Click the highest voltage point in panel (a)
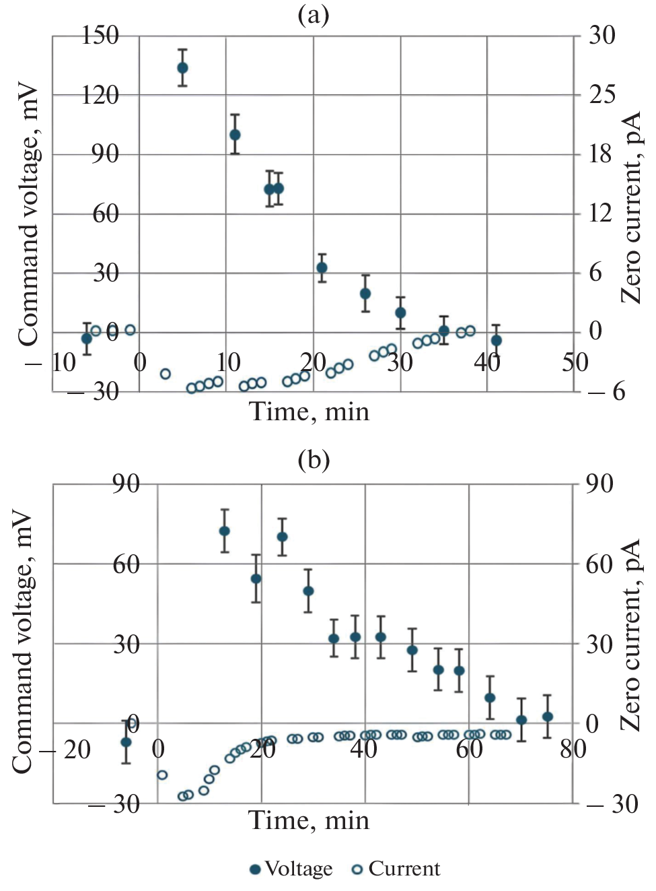pyautogui.click(x=182, y=68)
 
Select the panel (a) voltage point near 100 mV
pyautogui.click(x=235, y=135)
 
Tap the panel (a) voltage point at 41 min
pyautogui.click(x=497, y=340)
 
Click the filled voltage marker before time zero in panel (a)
pyautogui.click(x=87, y=338)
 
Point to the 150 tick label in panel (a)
pyautogui.click(x=100, y=35)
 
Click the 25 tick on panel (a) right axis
pyautogui.click(x=602, y=94)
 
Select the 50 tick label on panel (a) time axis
pyautogui.click(x=575, y=362)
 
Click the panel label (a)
pyautogui.click(x=314, y=14)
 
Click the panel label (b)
pyautogui.click(x=314, y=460)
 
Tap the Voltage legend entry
pyautogui.click(x=291, y=869)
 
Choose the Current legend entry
pyautogui.click(x=396, y=869)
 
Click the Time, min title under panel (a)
pyautogui.click(x=309, y=411)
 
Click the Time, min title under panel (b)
pyautogui.click(x=309, y=820)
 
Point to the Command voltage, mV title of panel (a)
pyautogui.click(x=28, y=213)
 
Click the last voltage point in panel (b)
pyautogui.click(x=548, y=717)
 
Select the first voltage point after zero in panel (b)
pyautogui.click(x=225, y=531)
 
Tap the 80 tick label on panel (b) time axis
pyautogui.click(x=573, y=748)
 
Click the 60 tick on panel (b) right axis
pyautogui.click(x=599, y=564)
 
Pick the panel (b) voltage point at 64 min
pyautogui.click(x=490, y=698)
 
